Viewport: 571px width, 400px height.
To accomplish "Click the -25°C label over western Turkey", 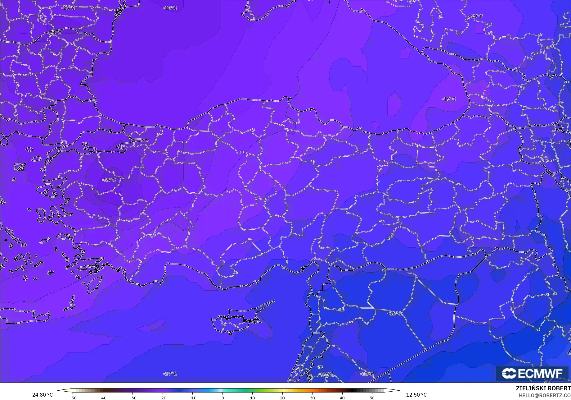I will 109,180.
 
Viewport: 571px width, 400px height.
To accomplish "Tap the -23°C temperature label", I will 68,8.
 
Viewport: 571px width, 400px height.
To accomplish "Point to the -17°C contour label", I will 170,374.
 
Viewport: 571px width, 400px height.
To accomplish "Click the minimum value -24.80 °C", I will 41,395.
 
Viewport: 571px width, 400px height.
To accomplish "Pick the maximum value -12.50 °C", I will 415,395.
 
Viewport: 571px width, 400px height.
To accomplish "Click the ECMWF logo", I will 532,373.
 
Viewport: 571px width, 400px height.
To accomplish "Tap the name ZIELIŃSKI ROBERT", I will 543,388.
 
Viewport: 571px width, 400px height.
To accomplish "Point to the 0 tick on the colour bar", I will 223,398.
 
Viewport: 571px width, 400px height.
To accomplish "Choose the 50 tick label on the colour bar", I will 372,398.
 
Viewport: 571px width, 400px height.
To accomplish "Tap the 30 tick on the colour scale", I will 312,398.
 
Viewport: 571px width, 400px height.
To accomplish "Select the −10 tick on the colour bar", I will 192,398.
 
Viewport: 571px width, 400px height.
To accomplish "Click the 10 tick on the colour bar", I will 252,398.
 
